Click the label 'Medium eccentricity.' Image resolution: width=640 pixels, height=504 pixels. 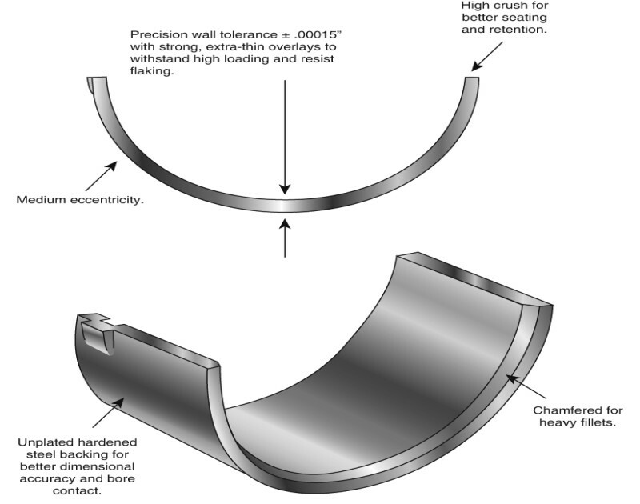[80, 199]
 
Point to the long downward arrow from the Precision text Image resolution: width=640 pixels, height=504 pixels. [286, 136]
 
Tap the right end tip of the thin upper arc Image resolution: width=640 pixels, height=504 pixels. [472, 79]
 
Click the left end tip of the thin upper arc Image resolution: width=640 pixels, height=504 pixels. [96, 79]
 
